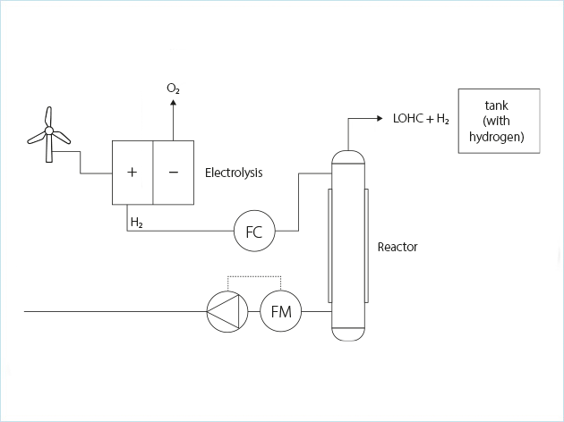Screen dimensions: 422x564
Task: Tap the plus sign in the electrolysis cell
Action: (x=132, y=172)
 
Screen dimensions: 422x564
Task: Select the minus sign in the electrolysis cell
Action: (x=173, y=172)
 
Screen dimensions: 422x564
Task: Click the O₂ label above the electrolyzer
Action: (x=173, y=89)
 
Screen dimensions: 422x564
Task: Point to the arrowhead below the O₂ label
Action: (x=173, y=103)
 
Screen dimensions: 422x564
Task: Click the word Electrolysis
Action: (x=234, y=172)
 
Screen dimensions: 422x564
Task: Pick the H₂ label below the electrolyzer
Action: (x=136, y=221)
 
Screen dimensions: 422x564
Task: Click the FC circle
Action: (x=253, y=232)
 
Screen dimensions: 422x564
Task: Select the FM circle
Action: (x=281, y=312)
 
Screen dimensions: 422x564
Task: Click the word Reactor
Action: (x=397, y=247)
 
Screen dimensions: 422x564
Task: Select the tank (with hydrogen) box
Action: (x=498, y=121)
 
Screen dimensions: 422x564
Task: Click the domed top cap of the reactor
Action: (x=347, y=158)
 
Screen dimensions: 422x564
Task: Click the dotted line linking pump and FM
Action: (x=254, y=276)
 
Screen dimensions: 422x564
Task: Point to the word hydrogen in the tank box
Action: (x=497, y=137)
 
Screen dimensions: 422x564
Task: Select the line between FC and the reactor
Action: (x=298, y=201)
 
